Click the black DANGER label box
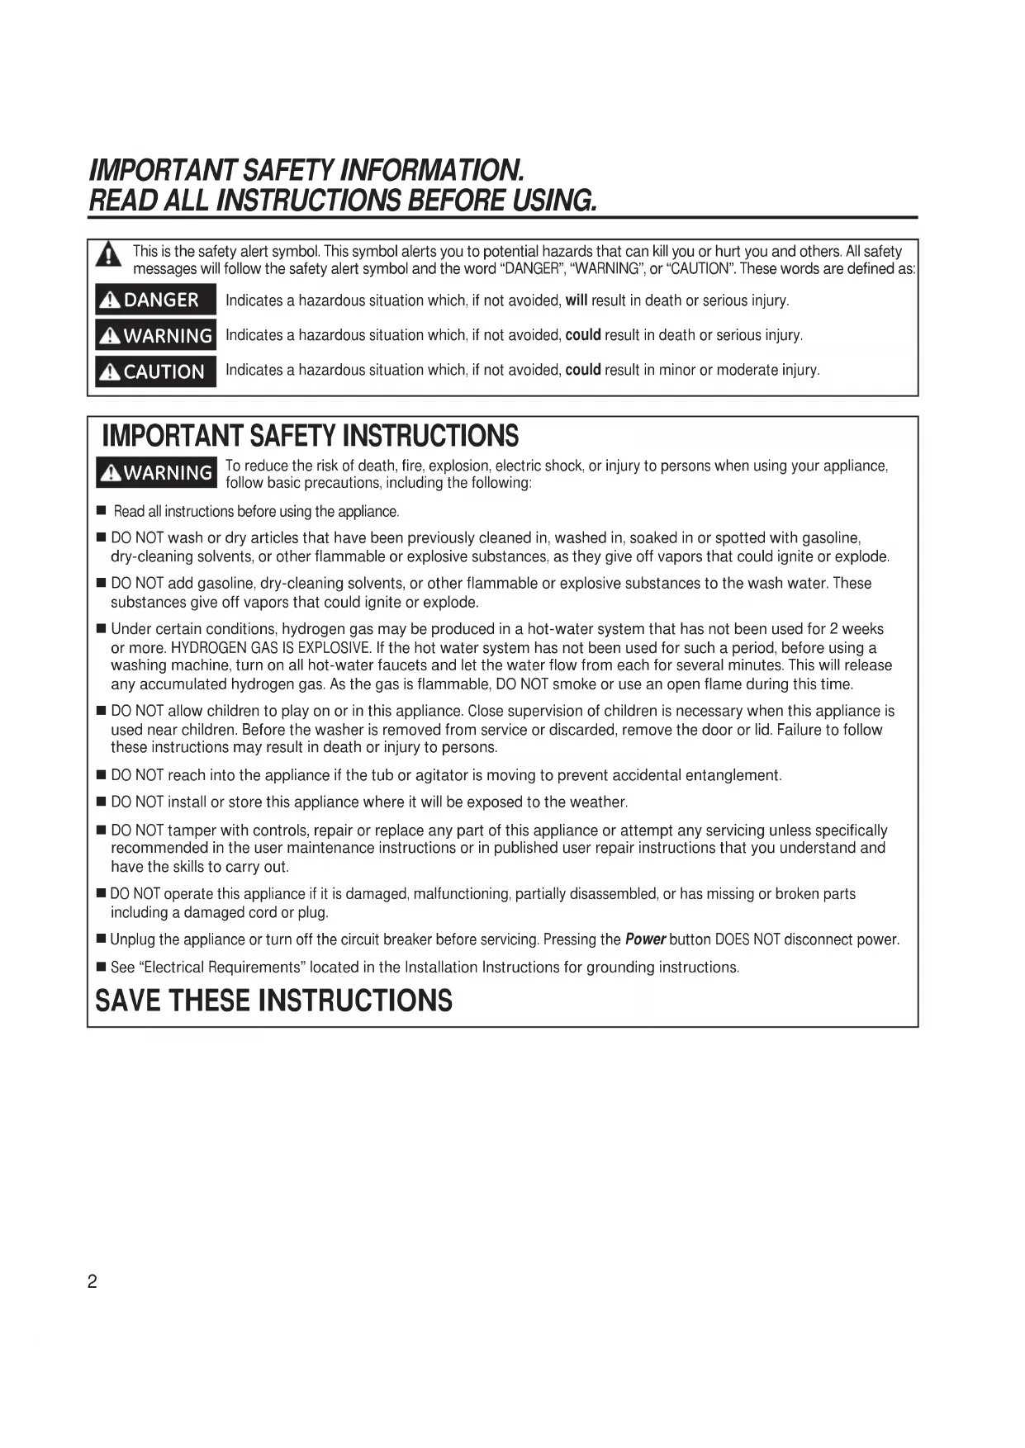click(155, 300)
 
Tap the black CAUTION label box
click(155, 371)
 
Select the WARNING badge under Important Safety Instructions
click(156, 473)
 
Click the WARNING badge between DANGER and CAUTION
click(155, 335)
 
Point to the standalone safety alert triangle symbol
click(107, 257)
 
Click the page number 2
click(93, 1282)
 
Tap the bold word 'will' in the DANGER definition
click(576, 300)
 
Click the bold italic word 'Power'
click(645, 939)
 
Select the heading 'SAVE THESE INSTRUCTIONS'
click(273, 1001)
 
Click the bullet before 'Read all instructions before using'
click(102, 512)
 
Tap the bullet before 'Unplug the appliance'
click(102, 939)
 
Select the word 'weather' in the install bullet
click(600, 802)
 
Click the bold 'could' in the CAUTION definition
click(582, 370)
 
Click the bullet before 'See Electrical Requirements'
click(102, 967)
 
